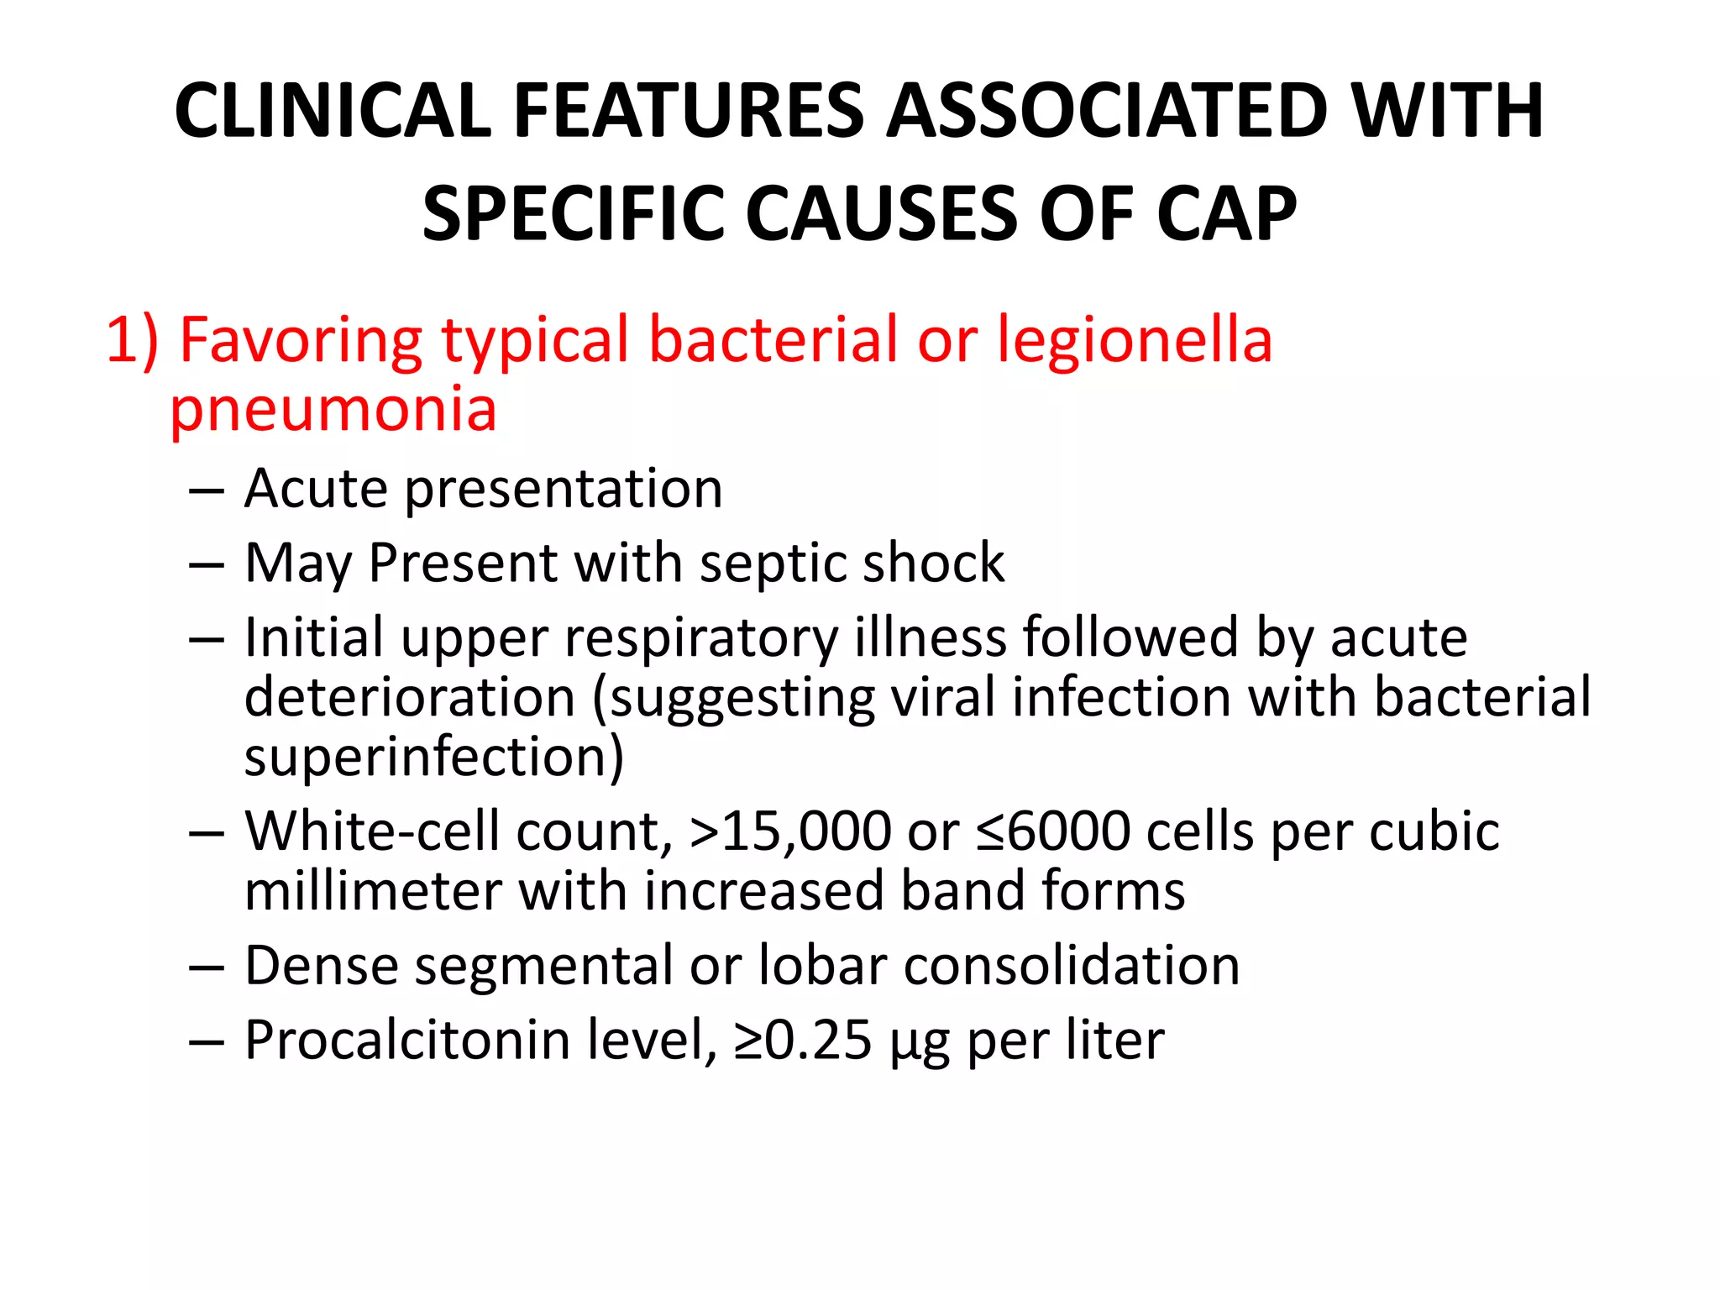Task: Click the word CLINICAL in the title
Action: tap(333, 111)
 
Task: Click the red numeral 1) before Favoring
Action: tap(132, 340)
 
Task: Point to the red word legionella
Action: tap(1135, 340)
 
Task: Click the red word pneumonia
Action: tap(333, 409)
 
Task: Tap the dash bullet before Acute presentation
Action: tap(207, 490)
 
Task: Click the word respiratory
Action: tap(701, 637)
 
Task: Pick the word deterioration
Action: tap(410, 697)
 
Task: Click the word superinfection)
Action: tap(434, 757)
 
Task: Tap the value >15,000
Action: tap(790, 831)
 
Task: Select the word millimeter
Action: tap(373, 891)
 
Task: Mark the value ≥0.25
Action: tap(802, 1041)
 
